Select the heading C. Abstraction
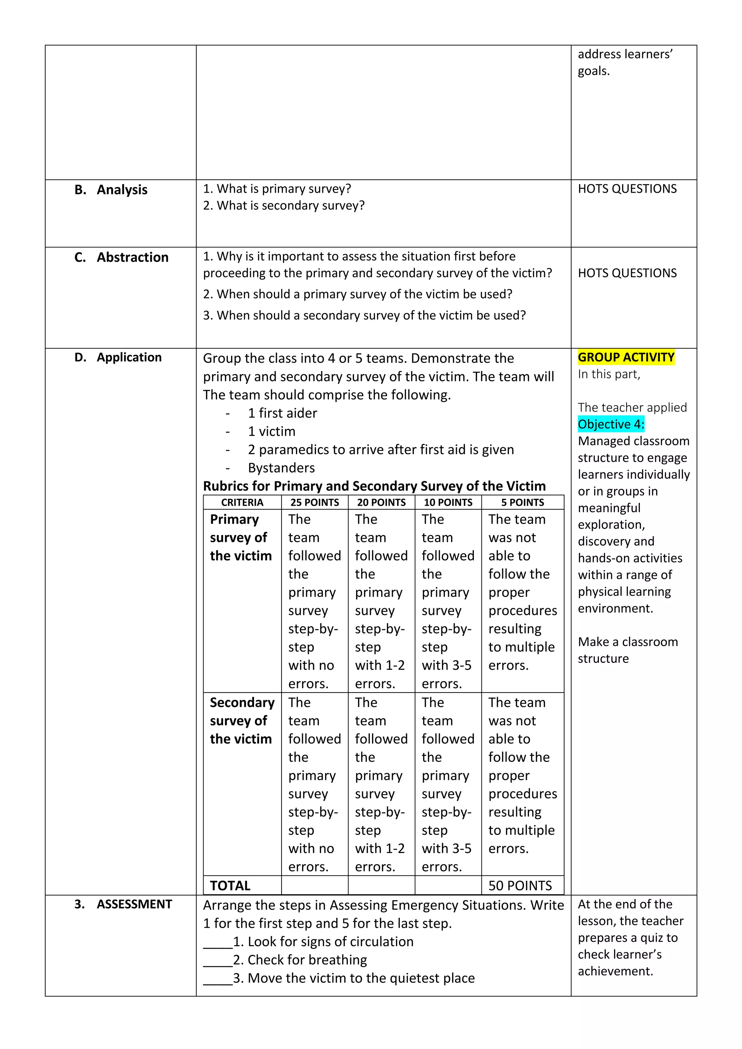pos(121,257)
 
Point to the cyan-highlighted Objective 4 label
pos(611,424)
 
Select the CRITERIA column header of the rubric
pos(242,502)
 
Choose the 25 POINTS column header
pos(315,502)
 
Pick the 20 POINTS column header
pos(382,502)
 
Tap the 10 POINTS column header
pos(448,502)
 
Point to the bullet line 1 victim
pos(271,431)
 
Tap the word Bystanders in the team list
pos(282,468)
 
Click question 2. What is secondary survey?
pos(284,206)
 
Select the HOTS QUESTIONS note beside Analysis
pos(627,189)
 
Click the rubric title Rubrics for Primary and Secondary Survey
pos(374,486)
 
